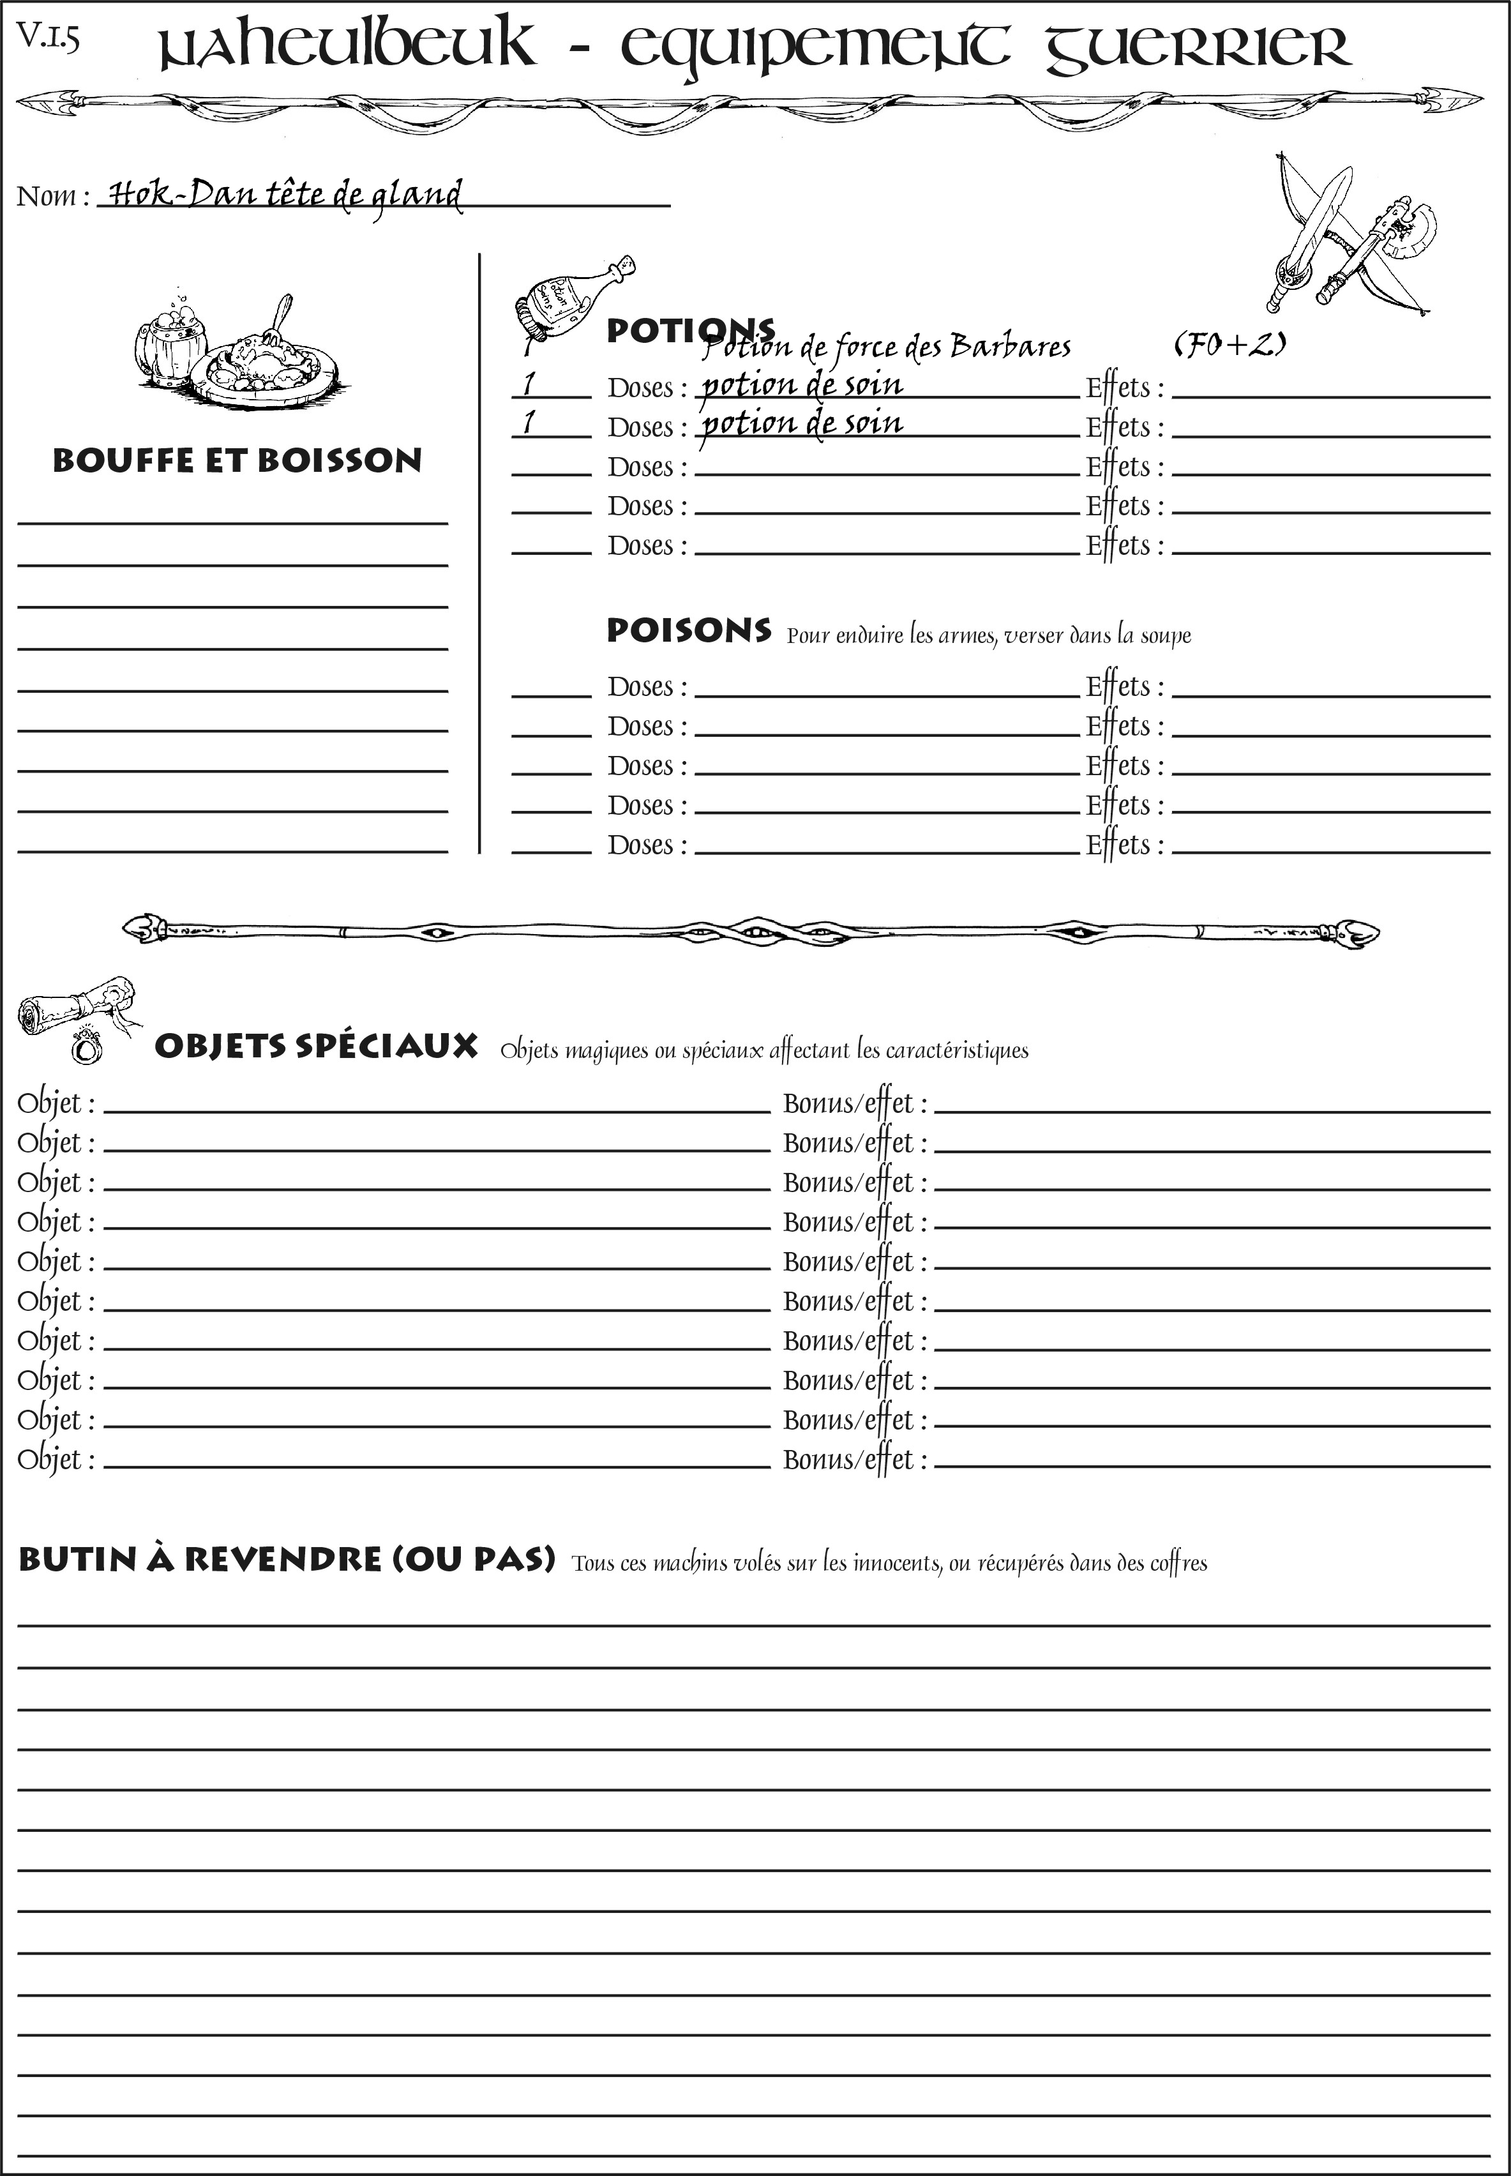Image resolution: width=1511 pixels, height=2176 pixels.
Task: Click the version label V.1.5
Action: click(x=47, y=37)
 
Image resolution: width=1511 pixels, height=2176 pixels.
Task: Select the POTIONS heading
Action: click(x=689, y=331)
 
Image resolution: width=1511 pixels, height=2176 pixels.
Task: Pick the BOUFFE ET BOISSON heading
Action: click(x=237, y=461)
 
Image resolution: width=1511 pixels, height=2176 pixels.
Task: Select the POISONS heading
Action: click(x=688, y=631)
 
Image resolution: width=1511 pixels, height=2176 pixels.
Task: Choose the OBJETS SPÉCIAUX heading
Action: click(x=315, y=1046)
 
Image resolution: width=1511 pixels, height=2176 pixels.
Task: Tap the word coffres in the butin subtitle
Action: click(x=1178, y=1563)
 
